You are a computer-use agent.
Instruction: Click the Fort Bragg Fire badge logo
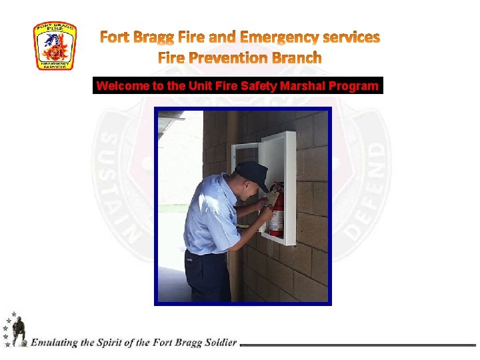click(x=55, y=46)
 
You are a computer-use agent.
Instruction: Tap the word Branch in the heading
click(x=296, y=58)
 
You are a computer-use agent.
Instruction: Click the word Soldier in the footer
click(x=218, y=343)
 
